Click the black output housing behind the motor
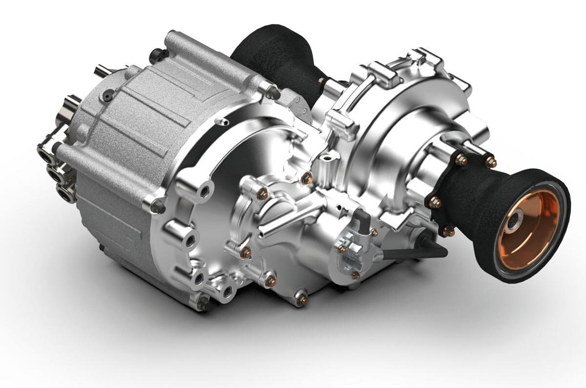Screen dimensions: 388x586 click(273, 54)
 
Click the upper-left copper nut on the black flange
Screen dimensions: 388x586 click(460, 159)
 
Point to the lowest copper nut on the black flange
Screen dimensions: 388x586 click(448, 231)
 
